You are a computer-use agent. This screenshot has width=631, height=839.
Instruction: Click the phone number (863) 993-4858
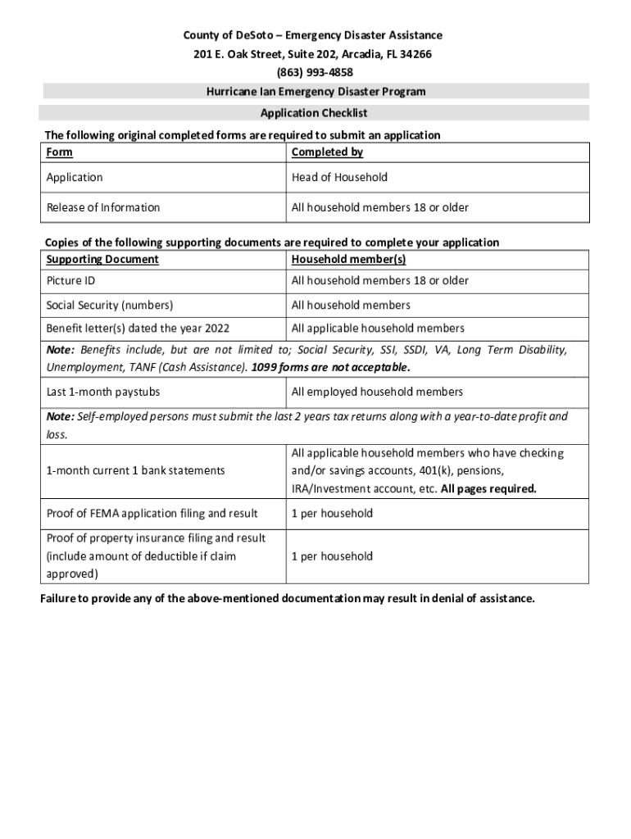pos(315,72)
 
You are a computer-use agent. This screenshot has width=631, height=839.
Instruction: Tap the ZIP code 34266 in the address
pos(415,54)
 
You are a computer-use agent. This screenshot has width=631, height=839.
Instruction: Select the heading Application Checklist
pos(314,113)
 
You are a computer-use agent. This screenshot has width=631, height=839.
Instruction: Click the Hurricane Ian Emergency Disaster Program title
pos(315,92)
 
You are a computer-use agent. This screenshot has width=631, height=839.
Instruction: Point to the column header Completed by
pos(327,152)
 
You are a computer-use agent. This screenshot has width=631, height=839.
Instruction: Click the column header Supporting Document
pos(102,260)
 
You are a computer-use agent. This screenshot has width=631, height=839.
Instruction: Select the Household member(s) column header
pos(348,260)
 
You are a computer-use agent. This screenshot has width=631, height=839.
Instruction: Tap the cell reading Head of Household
pos(339,178)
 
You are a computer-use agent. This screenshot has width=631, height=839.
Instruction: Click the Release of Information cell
pos(103,207)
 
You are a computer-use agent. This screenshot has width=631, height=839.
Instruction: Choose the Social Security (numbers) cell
pos(110,306)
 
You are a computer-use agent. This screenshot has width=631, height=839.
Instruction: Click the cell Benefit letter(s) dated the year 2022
pos(138,329)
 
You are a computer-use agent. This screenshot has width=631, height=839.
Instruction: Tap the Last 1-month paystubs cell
pos(103,392)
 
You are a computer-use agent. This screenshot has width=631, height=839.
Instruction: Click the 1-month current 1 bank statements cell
pos(135,471)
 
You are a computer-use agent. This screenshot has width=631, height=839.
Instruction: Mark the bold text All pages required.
pos(488,489)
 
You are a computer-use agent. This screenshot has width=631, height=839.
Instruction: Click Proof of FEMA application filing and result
pos(152,514)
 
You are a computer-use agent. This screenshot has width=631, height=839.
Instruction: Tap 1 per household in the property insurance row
pos(332,556)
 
